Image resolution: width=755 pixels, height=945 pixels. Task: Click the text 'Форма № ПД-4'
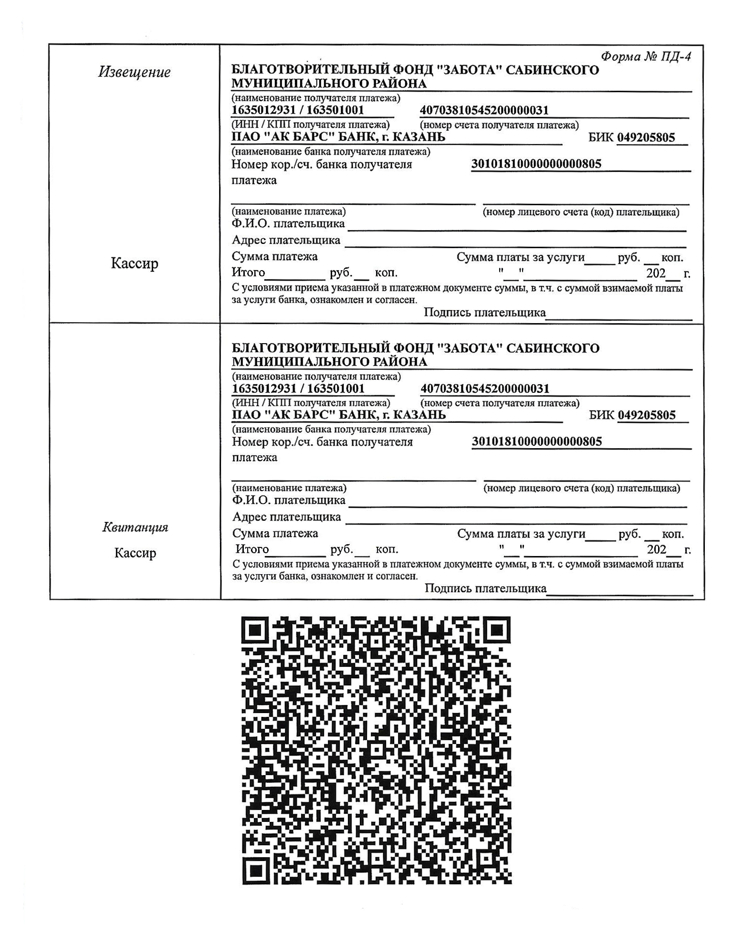coord(645,57)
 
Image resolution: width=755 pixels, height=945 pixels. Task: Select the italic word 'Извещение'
coord(134,73)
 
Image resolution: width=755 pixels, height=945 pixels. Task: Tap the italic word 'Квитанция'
coord(135,527)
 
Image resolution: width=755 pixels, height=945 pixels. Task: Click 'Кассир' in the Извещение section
coord(134,263)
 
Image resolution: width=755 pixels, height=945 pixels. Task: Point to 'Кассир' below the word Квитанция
coord(135,553)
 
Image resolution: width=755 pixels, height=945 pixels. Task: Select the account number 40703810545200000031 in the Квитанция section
coord(484,388)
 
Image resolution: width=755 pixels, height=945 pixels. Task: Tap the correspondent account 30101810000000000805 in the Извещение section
coord(536,164)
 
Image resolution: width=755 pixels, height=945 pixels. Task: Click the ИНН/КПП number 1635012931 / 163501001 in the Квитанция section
coord(298,388)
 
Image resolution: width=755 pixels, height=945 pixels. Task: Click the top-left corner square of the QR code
coord(257,632)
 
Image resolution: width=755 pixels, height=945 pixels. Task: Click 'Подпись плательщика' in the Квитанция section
coord(485,588)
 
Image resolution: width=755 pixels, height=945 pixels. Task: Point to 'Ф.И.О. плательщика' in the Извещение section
coord(288,224)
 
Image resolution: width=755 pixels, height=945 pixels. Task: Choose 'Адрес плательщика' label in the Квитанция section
coord(286,517)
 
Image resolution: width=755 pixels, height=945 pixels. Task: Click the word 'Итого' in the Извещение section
coord(248,273)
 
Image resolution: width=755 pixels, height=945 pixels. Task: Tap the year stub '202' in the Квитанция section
coord(656,549)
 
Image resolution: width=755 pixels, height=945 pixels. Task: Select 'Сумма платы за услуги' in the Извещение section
coord(520,258)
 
